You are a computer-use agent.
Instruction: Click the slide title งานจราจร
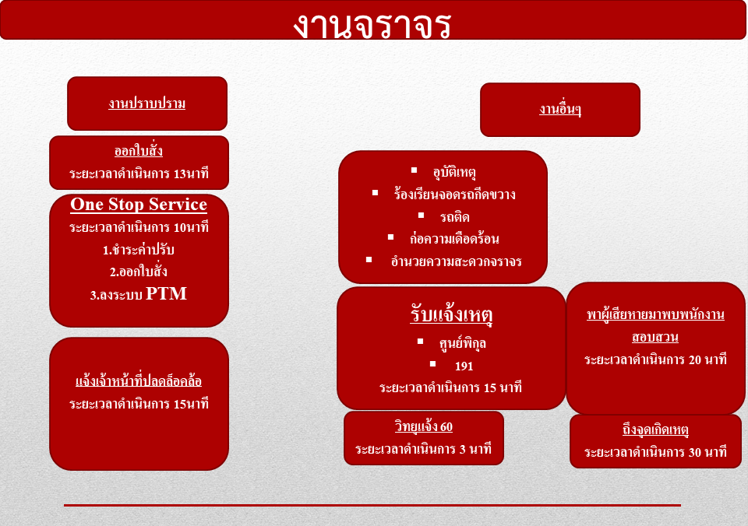[x=372, y=25]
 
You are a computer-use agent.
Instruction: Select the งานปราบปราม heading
[x=147, y=103]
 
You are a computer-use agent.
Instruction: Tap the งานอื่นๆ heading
[x=560, y=109]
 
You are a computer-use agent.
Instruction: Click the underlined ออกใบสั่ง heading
[x=139, y=150]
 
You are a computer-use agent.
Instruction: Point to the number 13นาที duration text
[x=191, y=174]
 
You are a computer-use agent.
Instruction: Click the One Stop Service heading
[x=139, y=205]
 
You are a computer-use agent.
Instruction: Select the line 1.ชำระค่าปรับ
[x=139, y=249]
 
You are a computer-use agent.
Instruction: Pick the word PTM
[x=166, y=293]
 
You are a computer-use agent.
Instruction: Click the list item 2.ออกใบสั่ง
[x=139, y=271]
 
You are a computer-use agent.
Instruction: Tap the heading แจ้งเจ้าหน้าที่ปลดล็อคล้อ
[x=139, y=381]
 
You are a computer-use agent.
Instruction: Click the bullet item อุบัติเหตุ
[x=454, y=171]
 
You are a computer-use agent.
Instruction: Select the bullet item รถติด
[x=454, y=217]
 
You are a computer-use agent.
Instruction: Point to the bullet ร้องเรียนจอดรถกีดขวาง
[x=454, y=194]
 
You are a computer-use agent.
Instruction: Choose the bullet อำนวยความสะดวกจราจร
[x=456, y=261]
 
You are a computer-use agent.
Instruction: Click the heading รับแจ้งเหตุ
[x=451, y=315]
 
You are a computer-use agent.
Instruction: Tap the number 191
[x=464, y=366]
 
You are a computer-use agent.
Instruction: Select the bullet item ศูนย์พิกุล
[x=462, y=343]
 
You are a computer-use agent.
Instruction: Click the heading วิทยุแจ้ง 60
[x=424, y=426]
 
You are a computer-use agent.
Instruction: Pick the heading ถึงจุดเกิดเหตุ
[x=655, y=430]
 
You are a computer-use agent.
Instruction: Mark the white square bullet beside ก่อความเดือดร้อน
[x=390, y=237]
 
